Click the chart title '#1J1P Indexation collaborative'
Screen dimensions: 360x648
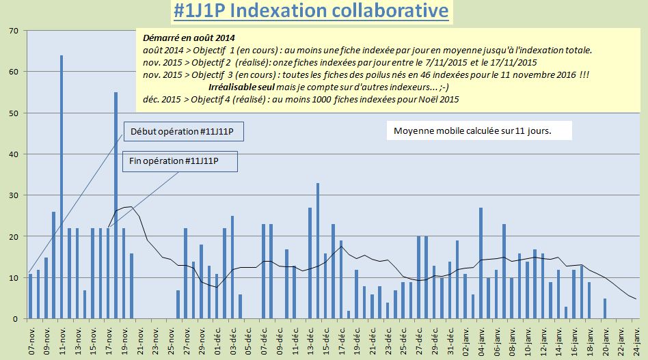(x=311, y=12)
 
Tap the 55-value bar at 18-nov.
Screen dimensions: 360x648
(x=116, y=205)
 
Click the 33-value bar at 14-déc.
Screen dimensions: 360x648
(x=318, y=251)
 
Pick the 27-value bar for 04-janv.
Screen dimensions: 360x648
(x=481, y=263)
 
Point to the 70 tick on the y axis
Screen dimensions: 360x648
(x=14, y=31)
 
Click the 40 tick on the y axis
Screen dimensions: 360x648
(x=14, y=154)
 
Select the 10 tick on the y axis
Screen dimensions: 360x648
(x=14, y=278)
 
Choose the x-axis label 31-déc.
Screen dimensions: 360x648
(x=450, y=337)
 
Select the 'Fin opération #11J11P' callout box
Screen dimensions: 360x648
(x=183, y=161)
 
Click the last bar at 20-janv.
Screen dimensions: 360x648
(x=605, y=309)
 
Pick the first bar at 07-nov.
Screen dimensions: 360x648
(x=31, y=296)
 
